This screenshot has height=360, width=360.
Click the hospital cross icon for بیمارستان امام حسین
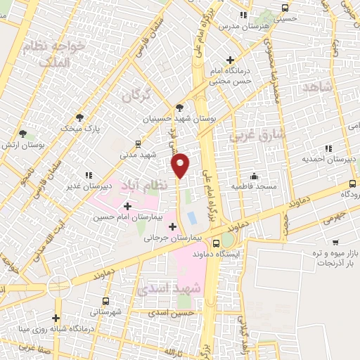tap(127, 206)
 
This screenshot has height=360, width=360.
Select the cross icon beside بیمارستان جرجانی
tap(173, 226)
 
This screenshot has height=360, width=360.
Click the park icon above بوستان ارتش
tap(23, 133)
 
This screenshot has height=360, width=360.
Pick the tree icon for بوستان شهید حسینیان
tap(181, 108)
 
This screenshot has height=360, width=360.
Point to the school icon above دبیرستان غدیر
tap(89, 175)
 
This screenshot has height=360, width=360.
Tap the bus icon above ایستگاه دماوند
tap(225, 238)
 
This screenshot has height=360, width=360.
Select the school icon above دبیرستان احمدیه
tap(327, 148)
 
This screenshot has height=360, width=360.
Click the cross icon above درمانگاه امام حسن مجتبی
tap(230, 60)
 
